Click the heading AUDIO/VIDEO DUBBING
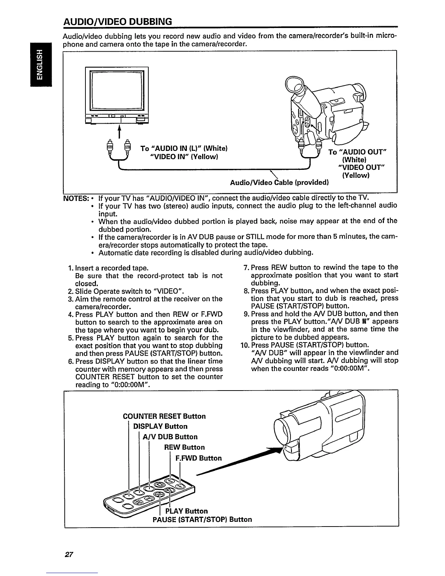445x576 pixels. point(117,21)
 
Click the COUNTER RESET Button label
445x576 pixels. point(164,416)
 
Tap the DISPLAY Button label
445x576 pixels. point(160,426)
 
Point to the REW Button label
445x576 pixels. point(184,447)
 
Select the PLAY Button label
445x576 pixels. point(187,511)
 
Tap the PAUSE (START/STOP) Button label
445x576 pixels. point(202,519)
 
